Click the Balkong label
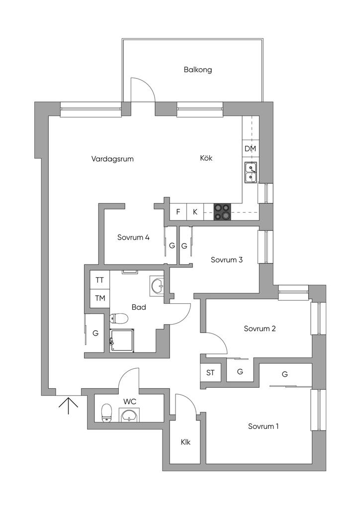point(198,70)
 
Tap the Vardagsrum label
point(113,159)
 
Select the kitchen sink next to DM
point(250,172)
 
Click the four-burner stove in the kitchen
point(222,212)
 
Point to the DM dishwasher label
point(250,149)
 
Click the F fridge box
point(178,212)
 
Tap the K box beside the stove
point(195,212)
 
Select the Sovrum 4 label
point(134,237)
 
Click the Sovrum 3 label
point(227,259)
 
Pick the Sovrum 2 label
point(260,328)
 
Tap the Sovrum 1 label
point(264,426)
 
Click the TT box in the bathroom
point(100,280)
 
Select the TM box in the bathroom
point(100,298)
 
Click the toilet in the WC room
point(106,413)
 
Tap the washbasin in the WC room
point(129,415)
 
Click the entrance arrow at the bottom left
point(68,404)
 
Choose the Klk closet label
point(186,442)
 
